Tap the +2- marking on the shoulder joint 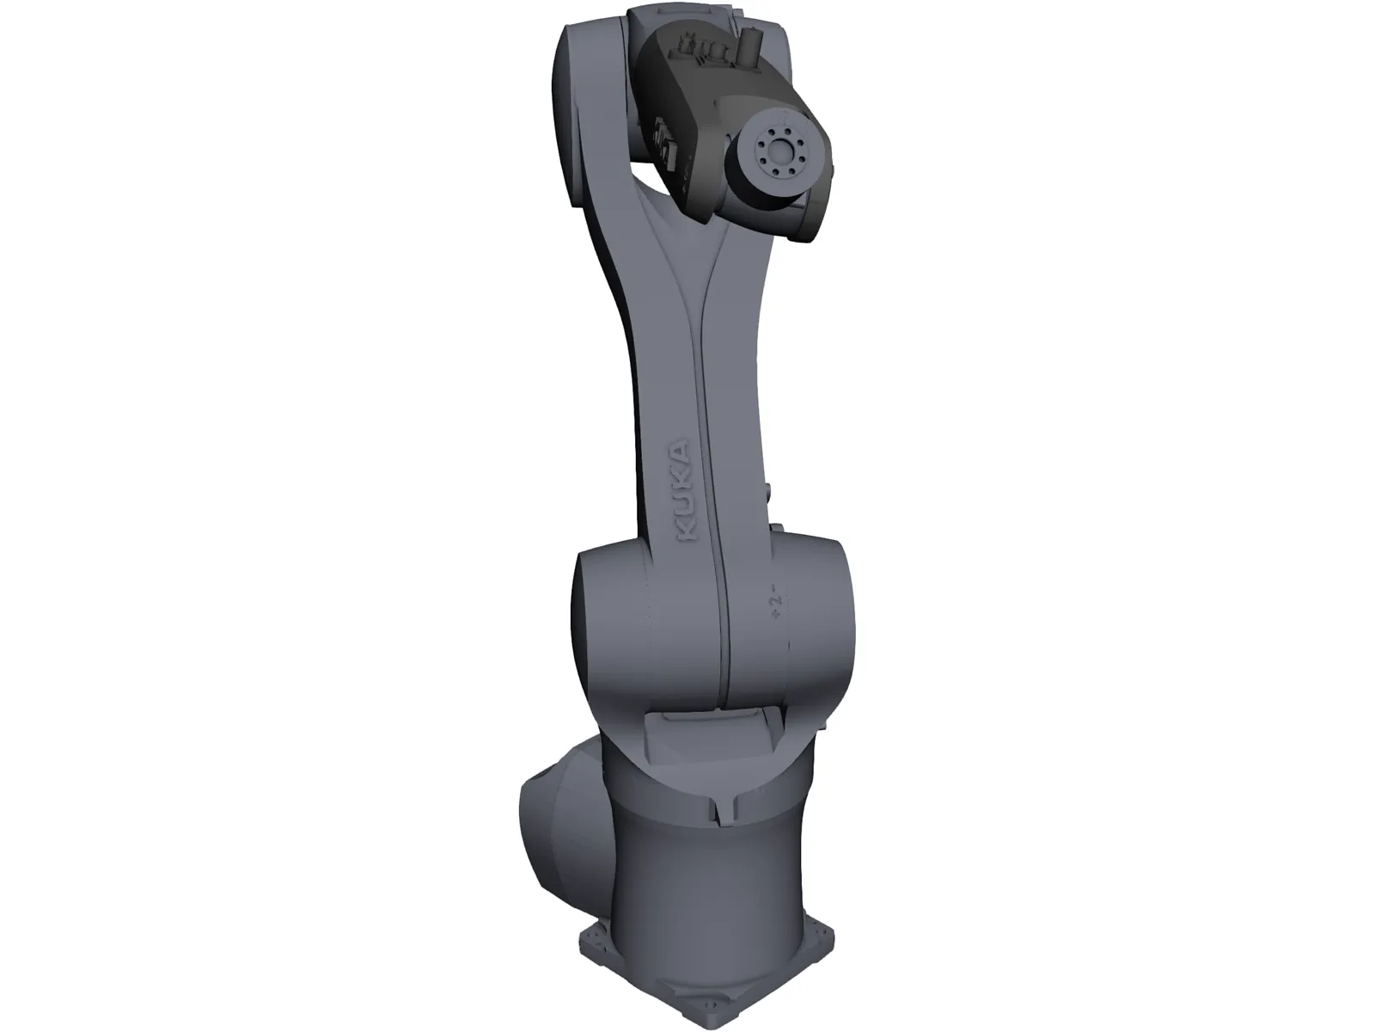pos(774,601)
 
